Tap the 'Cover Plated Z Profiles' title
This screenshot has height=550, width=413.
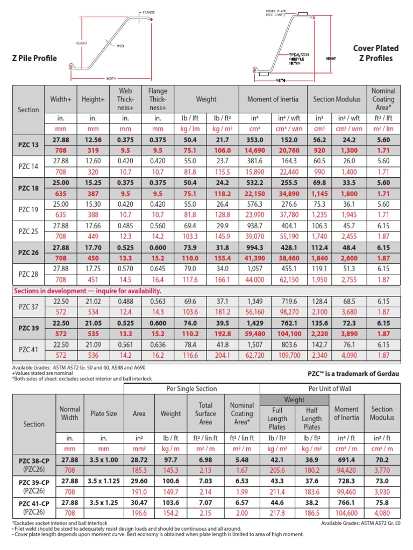tap(373, 53)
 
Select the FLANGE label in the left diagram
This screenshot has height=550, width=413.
tap(148, 12)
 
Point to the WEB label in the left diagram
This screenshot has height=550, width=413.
tap(120, 46)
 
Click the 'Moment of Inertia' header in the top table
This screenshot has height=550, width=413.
tap(272, 99)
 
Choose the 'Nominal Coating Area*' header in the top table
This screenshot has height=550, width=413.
tap(383, 99)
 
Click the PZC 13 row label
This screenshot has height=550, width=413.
tap(29, 145)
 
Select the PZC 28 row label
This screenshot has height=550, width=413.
tap(29, 274)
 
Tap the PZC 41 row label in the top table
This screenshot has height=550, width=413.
tap(29, 350)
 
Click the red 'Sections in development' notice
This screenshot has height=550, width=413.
tap(87, 291)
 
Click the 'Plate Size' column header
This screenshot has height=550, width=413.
tap(104, 414)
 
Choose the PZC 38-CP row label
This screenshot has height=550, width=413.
tap(34, 460)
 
